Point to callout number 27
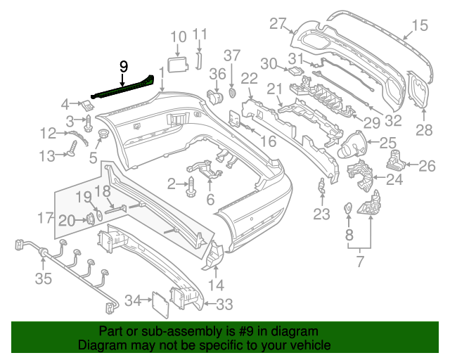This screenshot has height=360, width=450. click(278, 23)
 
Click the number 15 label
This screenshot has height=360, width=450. click(419, 27)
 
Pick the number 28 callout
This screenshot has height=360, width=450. click(424, 130)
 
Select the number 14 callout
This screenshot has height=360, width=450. click(216, 285)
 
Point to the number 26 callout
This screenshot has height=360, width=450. click(427, 166)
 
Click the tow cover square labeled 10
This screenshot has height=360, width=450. click(179, 65)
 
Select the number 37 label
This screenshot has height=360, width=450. click(232, 55)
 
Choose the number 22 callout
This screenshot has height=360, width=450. click(249, 77)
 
